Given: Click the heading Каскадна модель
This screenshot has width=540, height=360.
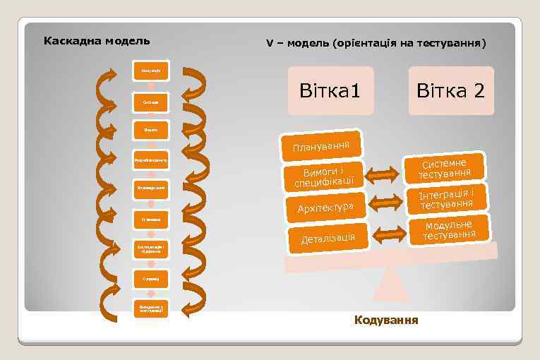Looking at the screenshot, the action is coord(97,40).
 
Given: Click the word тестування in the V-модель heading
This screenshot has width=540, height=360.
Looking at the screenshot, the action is coord(448,44).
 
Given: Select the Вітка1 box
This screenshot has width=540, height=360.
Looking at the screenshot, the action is coord(330,91).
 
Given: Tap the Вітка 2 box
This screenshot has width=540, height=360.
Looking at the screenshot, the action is coord(450,91).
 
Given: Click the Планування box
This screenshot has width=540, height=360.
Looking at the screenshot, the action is coord(321,144).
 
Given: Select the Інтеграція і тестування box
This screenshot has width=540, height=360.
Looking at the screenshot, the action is coord(446,198).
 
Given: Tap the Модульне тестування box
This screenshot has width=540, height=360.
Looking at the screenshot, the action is coord(449,229).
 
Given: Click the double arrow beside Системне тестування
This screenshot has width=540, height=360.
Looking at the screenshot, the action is coord(383,174).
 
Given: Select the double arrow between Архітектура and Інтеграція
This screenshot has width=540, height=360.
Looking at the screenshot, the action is coord(386,203).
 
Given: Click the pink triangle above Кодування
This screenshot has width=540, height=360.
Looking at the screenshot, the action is coord(391,289).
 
